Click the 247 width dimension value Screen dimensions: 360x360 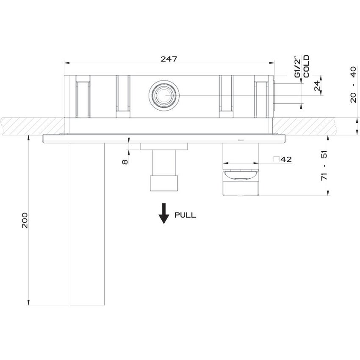(168, 59)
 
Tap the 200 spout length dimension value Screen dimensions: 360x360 (25, 220)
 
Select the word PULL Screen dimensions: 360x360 (186, 215)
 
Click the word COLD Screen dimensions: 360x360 (306, 66)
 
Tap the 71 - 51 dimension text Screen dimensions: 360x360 (325, 165)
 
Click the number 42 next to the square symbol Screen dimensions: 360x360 (286, 160)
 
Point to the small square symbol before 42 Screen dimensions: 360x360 (276, 160)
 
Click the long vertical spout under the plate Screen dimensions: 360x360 (87, 224)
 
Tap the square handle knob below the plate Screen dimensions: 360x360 (241, 182)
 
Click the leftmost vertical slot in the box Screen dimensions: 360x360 (83, 97)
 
